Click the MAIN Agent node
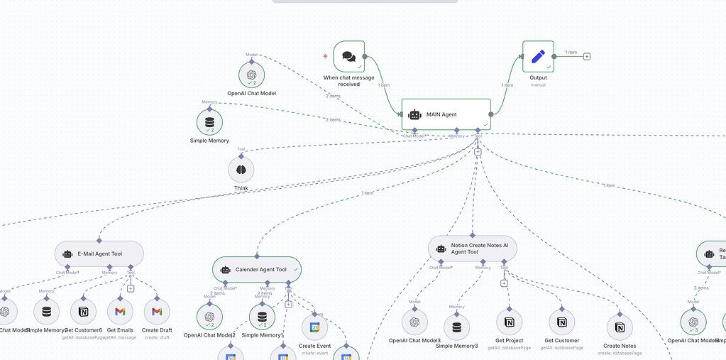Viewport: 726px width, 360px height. [446, 114]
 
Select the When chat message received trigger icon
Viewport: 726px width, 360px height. [348, 56]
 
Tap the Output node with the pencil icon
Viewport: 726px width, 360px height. [537, 56]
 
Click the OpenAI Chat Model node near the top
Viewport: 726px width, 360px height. [251, 75]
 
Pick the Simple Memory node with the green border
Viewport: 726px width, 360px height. [209, 122]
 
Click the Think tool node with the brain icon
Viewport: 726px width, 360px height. [241, 170]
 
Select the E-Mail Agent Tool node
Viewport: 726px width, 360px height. [99, 253]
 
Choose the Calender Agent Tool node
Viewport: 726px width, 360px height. [257, 269]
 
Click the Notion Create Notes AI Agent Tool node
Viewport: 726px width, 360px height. [473, 249]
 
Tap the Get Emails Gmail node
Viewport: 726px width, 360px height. [121, 311]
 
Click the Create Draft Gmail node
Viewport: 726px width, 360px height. [157, 311]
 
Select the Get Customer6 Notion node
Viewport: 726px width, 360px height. [84, 311]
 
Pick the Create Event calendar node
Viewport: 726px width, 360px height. [315, 327]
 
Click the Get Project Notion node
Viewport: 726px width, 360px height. [509, 322]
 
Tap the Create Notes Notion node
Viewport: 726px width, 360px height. [620, 327]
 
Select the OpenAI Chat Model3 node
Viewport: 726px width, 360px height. [414, 322]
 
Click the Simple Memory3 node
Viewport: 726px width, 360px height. [456, 327]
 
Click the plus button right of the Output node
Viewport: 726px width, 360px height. [587, 57]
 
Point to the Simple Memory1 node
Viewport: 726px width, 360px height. [262, 317]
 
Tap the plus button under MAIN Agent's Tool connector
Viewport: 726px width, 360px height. [478, 151]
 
